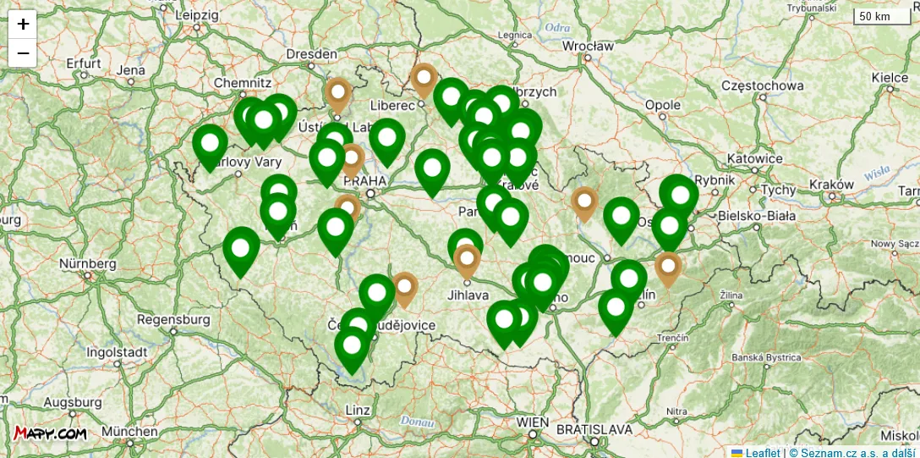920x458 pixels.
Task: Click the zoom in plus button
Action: (23, 24)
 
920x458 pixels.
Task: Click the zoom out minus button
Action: (23, 53)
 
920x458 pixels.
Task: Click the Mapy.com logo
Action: (50, 433)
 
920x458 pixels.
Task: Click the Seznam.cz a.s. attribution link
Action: (852, 452)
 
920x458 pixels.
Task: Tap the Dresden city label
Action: (311, 53)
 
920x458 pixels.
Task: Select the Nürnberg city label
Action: (87, 263)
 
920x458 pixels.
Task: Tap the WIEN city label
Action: (533, 422)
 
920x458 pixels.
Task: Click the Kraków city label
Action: (825, 184)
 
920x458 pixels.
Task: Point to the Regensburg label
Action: (173, 320)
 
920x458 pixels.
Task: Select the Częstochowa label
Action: (762, 86)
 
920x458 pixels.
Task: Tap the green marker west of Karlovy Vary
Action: (210, 143)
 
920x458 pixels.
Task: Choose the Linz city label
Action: (358, 410)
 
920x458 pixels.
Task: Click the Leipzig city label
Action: (196, 14)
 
